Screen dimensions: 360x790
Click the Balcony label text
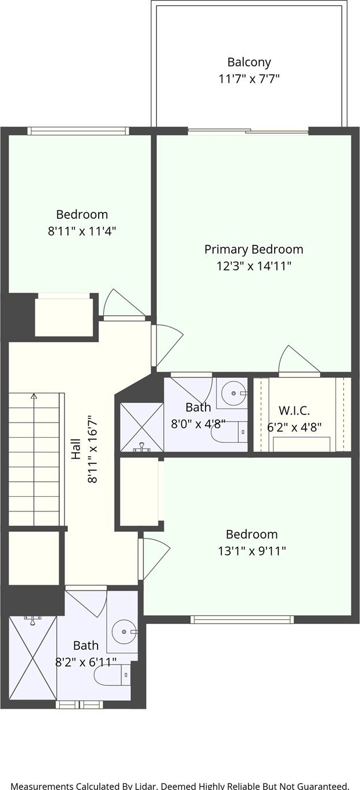coord(249,63)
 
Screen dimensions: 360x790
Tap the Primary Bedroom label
coord(254,250)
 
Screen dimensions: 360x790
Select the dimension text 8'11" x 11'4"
coord(82,232)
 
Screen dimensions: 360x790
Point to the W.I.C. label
coord(294,410)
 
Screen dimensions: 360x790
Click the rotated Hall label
coord(76,449)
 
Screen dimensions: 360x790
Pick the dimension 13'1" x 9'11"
coord(251,550)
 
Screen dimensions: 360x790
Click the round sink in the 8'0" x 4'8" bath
coord(233,393)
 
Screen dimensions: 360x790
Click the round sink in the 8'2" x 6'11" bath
coord(124,632)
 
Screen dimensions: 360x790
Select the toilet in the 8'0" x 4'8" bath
coord(229,431)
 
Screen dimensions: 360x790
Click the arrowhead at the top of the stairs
coord(34,396)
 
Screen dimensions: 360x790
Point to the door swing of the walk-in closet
coord(298,359)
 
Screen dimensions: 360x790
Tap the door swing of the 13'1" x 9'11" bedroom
coord(155,558)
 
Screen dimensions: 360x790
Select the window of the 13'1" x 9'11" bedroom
coord(242,619)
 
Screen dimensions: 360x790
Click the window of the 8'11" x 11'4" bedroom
coord(78,131)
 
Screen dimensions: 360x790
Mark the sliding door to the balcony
coord(248,132)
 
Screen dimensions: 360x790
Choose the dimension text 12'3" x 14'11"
coord(254,266)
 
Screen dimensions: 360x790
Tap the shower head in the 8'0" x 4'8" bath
coord(142,448)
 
